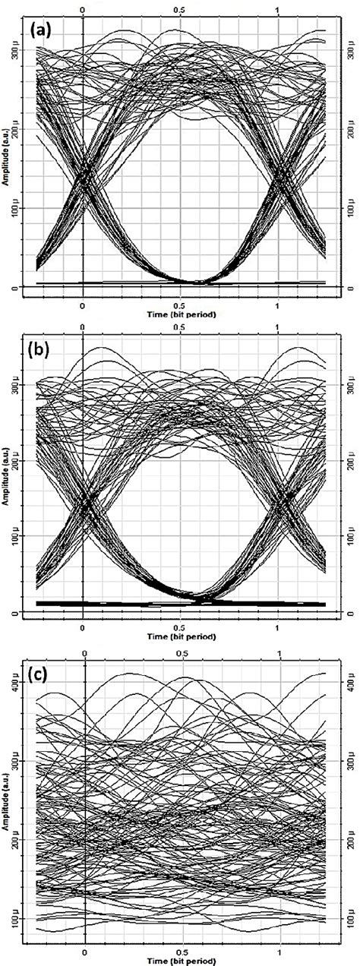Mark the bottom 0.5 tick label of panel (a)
(x=180, y=302)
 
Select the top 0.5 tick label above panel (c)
(x=182, y=652)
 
